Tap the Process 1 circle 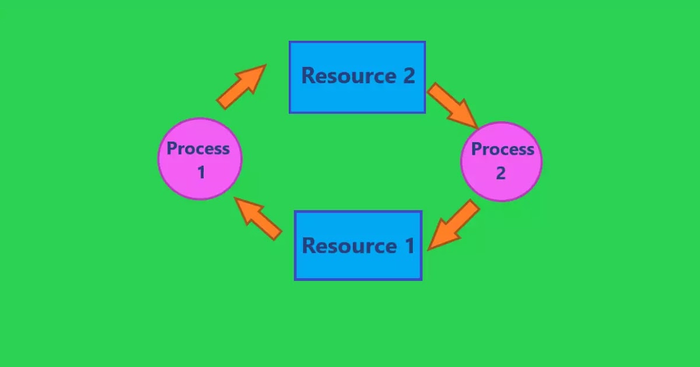tap(200, 158)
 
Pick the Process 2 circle tap(502, 161)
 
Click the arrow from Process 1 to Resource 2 tap(241, 87)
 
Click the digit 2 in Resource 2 tap(408, 76)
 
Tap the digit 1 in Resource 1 tap(409, 246)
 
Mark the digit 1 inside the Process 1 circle tap(201, 172)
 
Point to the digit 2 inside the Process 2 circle tap(501, 173)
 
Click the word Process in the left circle tap(198, 149)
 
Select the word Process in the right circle tap(502, 149)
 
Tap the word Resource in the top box tap(348, 76)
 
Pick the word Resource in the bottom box tap(349, 246)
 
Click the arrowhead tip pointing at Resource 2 tap(265, 65)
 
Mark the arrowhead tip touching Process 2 tap(478, 127)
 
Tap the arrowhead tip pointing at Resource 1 tap(429, 249)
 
